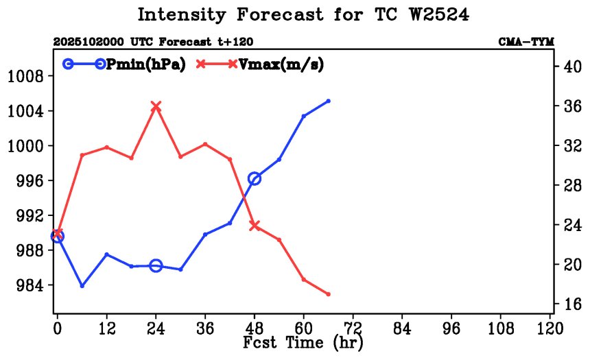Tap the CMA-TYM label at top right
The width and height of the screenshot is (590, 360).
tap(526, 41)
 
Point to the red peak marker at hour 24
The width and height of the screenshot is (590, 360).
tap(156, 106)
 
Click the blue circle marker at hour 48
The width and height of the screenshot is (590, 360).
tap(255, 179)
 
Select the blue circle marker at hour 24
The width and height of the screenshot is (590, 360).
tap(156, 265)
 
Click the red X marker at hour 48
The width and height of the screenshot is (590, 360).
tap(255, 225)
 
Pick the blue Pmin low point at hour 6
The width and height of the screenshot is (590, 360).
tap(82, 285)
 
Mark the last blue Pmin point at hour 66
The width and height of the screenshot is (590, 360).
tap(329, 101)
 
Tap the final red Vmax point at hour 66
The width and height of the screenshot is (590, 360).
tap(329, 294)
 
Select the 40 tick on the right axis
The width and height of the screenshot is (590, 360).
tap(572, 67)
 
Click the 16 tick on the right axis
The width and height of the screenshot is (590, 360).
tap(572, 304)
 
